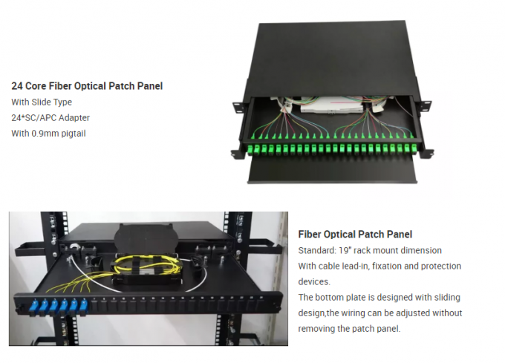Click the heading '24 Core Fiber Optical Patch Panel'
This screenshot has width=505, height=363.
pos(87,86)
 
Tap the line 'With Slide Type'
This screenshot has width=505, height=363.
pos(42,102)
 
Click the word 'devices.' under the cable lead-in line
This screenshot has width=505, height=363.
pos(314,281)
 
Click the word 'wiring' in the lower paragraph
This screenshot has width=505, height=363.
pos(358,313)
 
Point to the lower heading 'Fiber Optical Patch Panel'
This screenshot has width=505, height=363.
pos(355,235)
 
